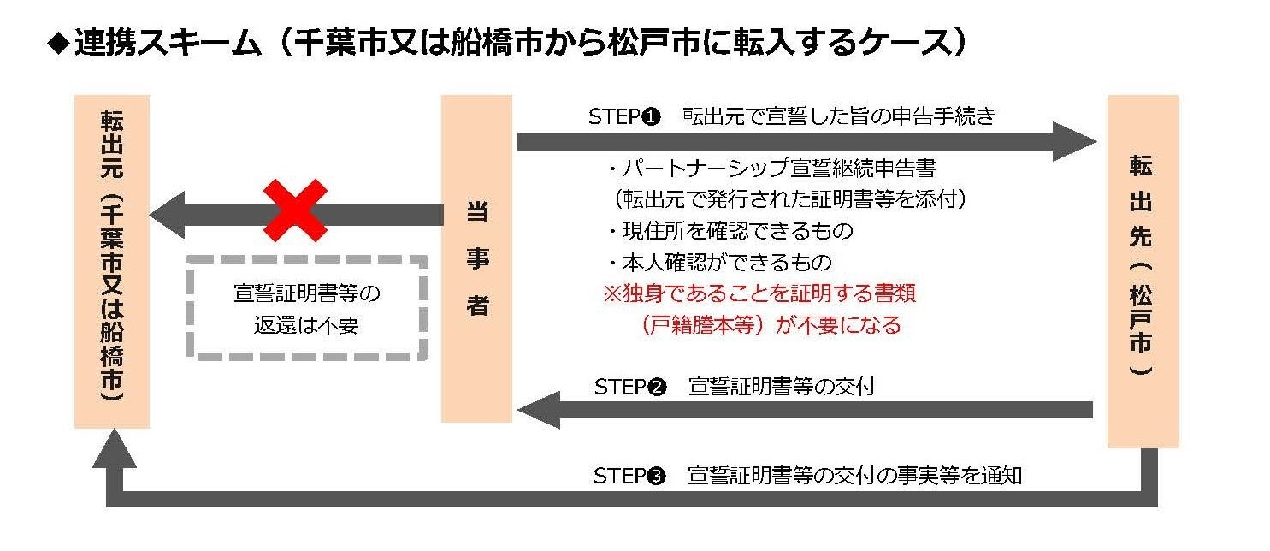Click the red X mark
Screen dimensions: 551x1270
(x=295, y=210)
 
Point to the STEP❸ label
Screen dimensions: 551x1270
(x=629, y=476)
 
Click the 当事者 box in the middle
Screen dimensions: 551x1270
(x=476, y=258)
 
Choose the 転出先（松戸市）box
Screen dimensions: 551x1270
(x=1143, y=271)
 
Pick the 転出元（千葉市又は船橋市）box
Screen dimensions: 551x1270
(x=112, y=261)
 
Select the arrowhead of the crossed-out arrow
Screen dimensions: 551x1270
(x=168, y=215)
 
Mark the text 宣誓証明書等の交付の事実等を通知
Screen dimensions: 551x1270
(x=854, y=476)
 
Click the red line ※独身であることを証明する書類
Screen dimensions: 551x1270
(x=760, y=293)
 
